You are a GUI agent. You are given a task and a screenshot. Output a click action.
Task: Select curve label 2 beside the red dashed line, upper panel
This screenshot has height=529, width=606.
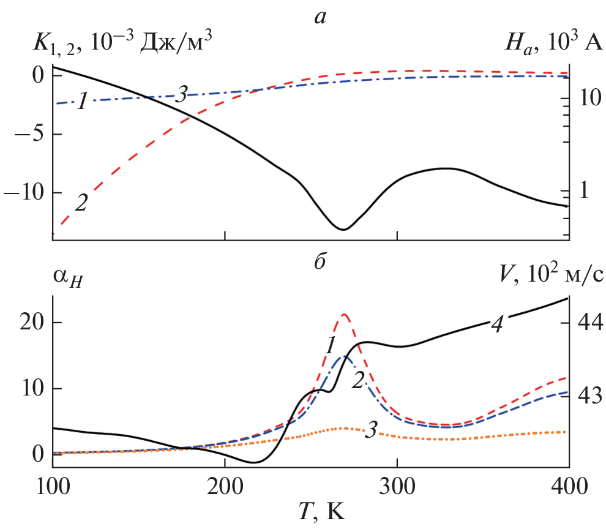pyautogui.click(x=80, y=203)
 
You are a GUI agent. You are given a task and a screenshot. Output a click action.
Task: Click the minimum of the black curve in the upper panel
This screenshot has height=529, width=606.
pyautogui.click(x=344, y=230)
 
